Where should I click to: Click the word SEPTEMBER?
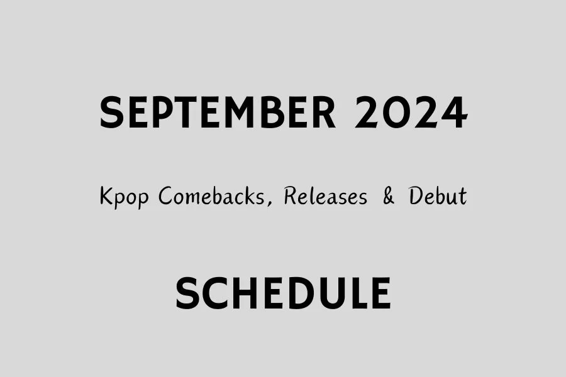pos(218,113)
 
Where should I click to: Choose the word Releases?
pos(325,197)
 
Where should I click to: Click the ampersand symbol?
pos(389,197)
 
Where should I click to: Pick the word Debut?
pos(438,197)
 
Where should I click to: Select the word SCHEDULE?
pos(283,293)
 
